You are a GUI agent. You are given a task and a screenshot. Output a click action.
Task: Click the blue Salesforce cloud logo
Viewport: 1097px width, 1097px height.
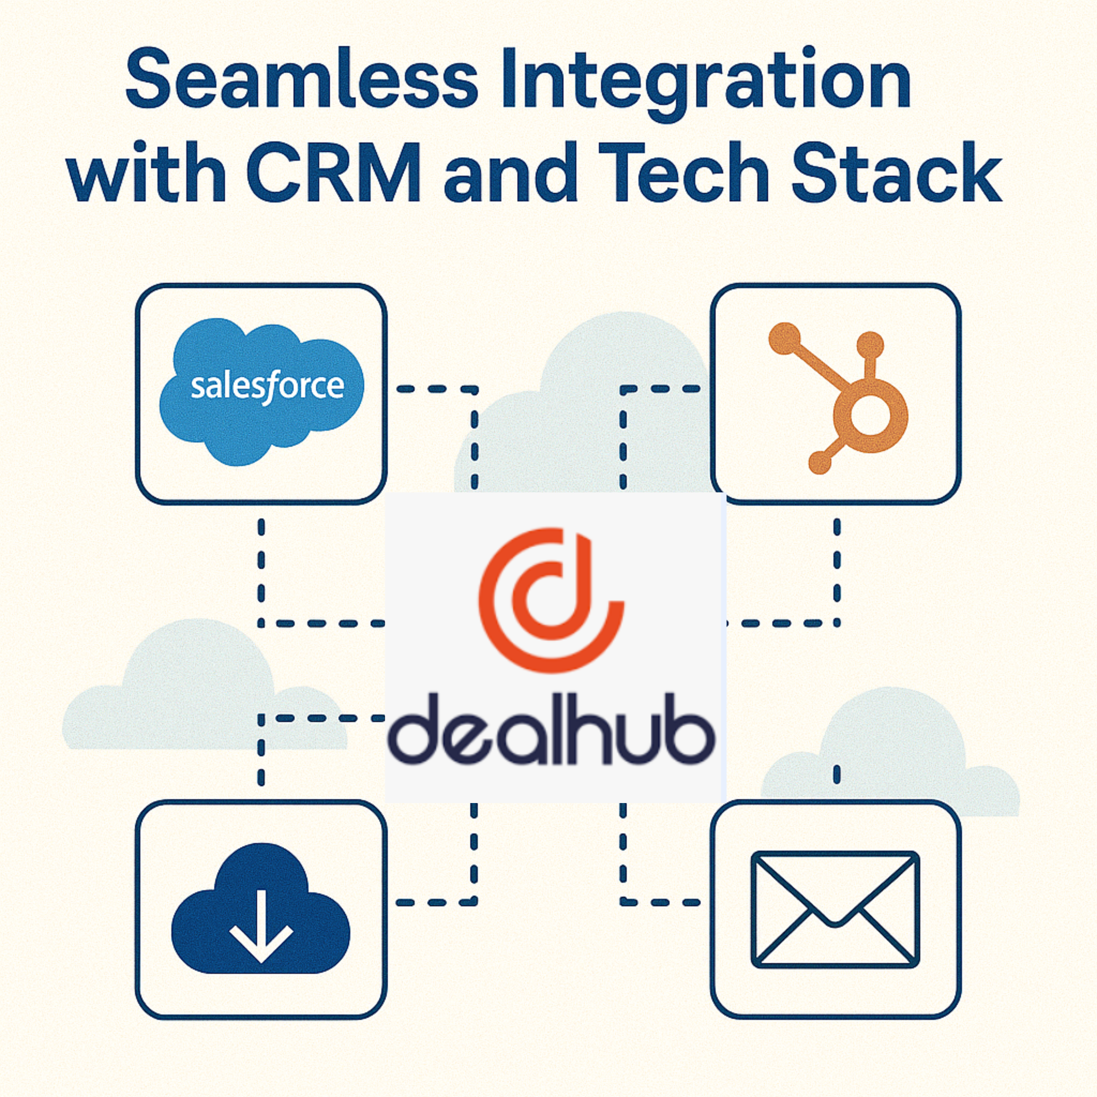262,391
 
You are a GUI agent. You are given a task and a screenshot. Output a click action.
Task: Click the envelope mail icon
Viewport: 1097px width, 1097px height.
835,908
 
